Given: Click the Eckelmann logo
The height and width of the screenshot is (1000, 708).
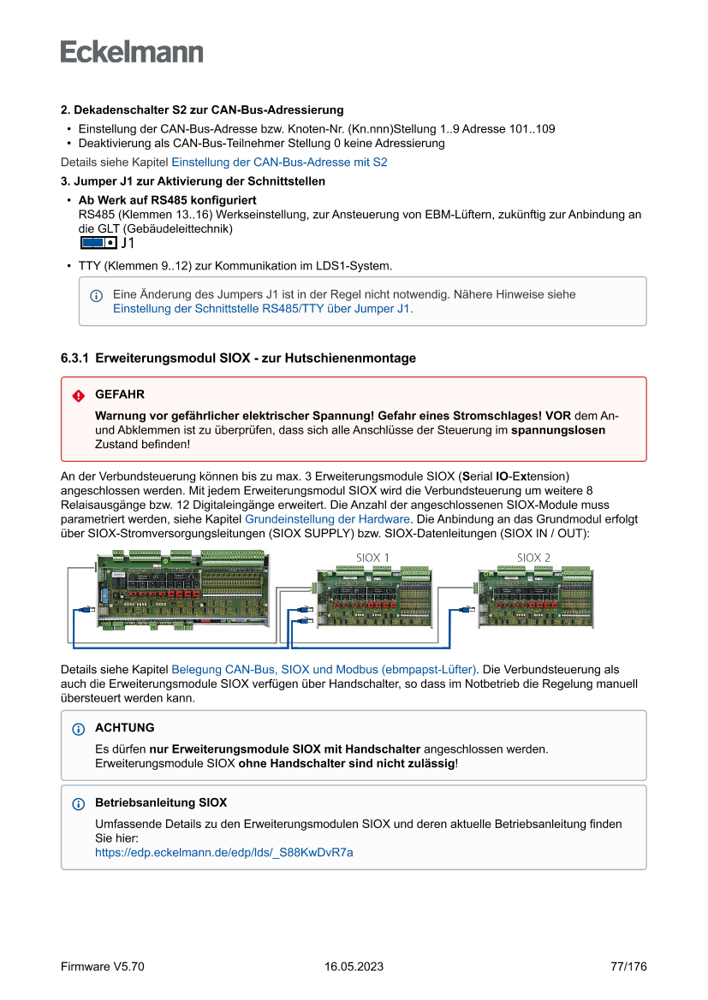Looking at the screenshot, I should click(132, 51).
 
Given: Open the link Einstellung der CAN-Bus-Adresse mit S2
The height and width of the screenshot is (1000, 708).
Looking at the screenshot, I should click(279, 162).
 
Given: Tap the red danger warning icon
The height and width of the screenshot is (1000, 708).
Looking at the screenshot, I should click(79, 395).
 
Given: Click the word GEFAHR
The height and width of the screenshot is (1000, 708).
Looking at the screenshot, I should click(120, 394).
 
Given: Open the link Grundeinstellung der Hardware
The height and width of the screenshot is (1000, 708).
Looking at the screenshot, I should click(327, 519).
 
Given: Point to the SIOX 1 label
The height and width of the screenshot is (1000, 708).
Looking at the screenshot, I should click(372, 558).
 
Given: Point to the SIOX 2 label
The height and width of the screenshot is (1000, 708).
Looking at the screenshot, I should click(533, 558).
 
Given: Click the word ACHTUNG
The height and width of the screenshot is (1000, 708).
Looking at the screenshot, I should click(125, 728).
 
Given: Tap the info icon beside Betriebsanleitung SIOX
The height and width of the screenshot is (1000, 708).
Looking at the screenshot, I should click(79, 804).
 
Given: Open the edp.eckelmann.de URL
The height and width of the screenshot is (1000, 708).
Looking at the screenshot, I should click(224, 852).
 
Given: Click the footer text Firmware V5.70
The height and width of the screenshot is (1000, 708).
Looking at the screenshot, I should click(103, 967).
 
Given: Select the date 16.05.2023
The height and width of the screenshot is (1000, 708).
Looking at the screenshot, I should click(354, 967).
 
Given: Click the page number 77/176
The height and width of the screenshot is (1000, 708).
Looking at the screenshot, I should click(628, 967).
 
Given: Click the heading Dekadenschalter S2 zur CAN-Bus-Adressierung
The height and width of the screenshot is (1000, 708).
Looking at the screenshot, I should click(209, 110).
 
